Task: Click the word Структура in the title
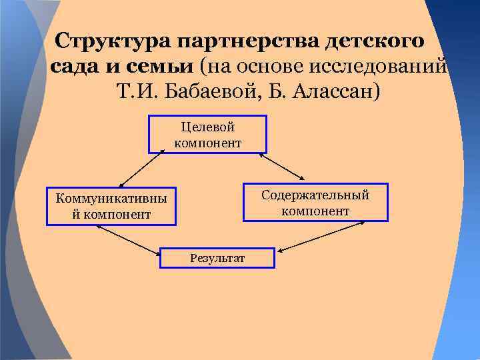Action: click(113, 41)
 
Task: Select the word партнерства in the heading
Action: click(248, 41)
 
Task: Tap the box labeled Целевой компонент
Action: click(208, 134)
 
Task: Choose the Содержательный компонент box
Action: click(315, 202)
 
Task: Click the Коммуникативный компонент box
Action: click(111, 205)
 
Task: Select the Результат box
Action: click(217, 258)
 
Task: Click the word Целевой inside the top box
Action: click(208, 127)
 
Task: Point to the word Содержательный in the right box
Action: click(315, 195)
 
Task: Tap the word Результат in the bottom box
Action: click(217, 258)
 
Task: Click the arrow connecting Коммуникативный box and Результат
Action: click(129, 239)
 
